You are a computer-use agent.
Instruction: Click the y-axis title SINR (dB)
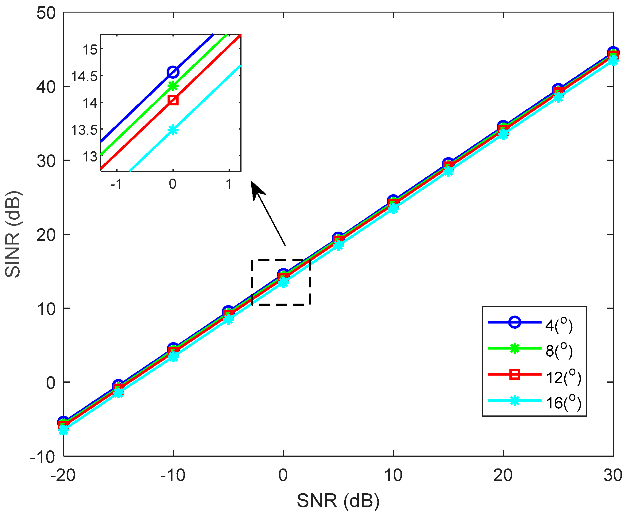tap(13, 234)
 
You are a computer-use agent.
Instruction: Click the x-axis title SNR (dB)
tap(338, 501)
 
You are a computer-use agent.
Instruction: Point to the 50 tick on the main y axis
tap(46, 13)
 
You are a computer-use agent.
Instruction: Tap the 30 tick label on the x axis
tap(612, 475)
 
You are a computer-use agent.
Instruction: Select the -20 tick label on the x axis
tap(63, 475)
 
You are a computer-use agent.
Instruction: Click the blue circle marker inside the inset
tap(173, 72)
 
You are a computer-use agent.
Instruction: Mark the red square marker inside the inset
tap(173, 100)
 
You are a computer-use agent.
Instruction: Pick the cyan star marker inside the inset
tap(173, 130)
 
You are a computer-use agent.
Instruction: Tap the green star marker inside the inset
tap(173, 86)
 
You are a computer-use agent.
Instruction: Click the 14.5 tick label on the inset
tap(84, 76)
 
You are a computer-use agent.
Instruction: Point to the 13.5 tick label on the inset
tap(84, 130)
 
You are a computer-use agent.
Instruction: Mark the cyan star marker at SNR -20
tap(64, 430)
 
